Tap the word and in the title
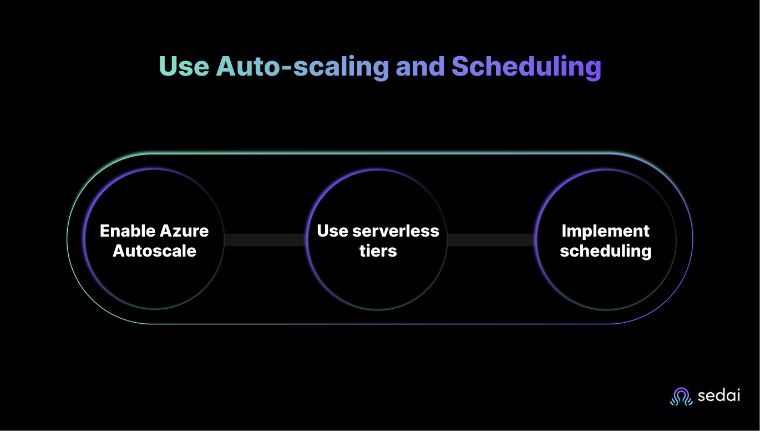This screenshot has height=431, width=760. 420,67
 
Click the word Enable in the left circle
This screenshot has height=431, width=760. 128,230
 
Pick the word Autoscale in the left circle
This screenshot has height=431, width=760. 154,250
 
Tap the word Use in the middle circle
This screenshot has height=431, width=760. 332,230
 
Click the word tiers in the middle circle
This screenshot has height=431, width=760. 378,250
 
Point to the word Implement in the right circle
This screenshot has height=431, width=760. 605,232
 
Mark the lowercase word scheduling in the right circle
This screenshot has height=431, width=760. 605,251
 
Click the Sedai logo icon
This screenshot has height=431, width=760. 681,397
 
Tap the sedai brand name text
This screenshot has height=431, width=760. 719,397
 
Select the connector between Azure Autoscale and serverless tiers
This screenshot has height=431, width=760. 266,240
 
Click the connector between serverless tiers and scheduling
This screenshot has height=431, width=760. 492,240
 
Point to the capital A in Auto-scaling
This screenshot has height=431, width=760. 227,67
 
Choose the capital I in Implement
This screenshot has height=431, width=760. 564,230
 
